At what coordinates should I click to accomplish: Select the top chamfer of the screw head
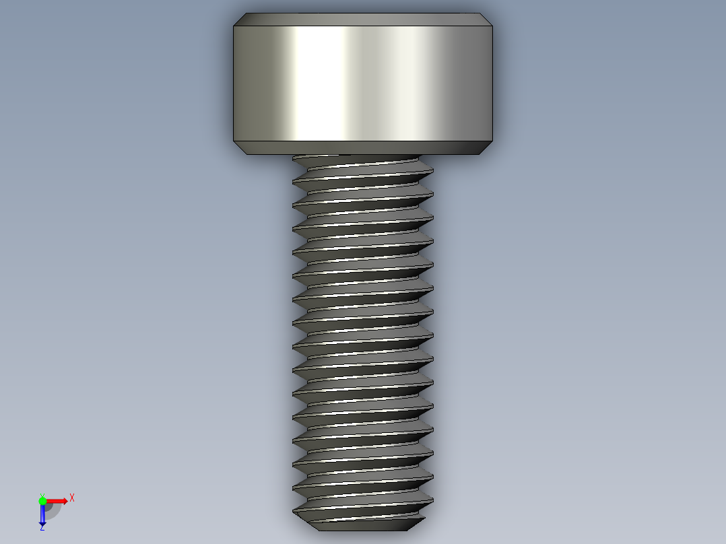[x=363, y=20]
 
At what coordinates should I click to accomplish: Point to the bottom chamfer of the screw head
[x=363, y=147]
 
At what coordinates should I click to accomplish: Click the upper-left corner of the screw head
[x=234, y=26]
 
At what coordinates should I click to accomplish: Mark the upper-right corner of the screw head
[x=492, y=26]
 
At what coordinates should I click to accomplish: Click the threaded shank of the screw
[x=363, y=337]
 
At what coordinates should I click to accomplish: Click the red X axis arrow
[x=55, y=501]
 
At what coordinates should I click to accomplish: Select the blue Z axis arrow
[x=42, y=513]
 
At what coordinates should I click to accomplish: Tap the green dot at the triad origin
[x=42, y=500]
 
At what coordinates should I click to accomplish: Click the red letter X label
[x=72, y=498]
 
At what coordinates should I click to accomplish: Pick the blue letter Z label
[x=42, y=528]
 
